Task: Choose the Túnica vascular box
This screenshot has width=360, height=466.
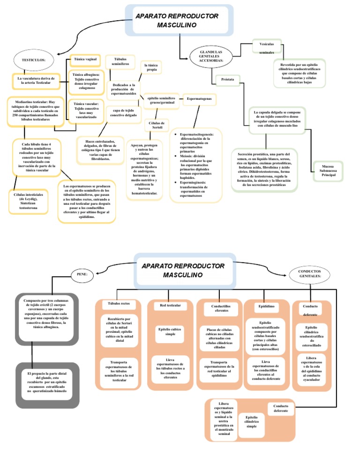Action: point(86,110)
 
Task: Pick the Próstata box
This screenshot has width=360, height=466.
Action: point(227,80)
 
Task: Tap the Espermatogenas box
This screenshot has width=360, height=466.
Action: point(199,99)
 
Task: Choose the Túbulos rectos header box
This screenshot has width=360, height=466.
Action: point(119,304)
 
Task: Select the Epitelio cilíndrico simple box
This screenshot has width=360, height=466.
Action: point(251,421)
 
